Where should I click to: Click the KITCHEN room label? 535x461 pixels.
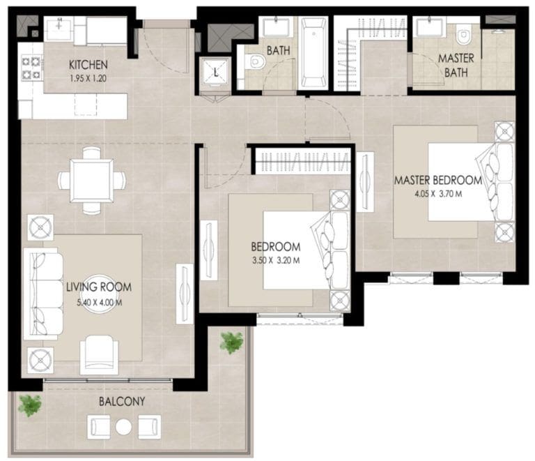coord(88,65)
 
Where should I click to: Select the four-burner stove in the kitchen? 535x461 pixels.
coord(31,68)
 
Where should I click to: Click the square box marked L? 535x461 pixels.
coord(216,72)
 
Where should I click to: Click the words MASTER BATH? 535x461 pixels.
coord(457,66)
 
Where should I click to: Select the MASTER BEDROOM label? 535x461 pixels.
coord(437,180)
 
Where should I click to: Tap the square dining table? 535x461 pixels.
coord(92,179)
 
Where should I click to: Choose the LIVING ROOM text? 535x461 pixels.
coord(98,287)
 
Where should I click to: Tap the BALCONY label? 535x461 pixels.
coord(121,402)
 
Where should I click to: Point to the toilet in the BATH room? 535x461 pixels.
coord(256,64)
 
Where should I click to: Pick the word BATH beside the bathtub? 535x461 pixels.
coord(278,50)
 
